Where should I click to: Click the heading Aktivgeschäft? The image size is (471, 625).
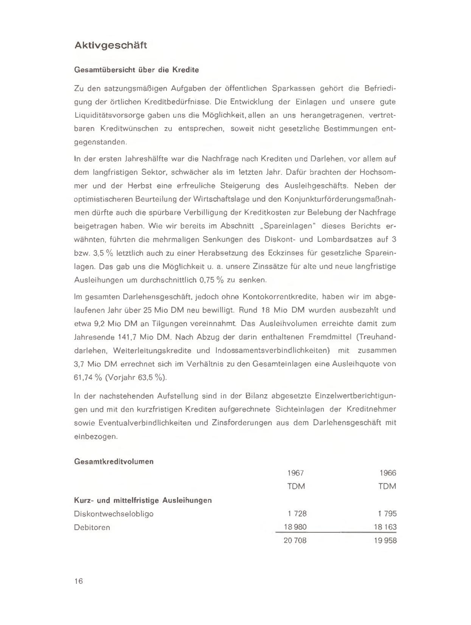tap(110, 46)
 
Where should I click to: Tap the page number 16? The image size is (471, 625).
tap(78, 581)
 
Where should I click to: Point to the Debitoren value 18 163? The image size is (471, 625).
tap(385, 527)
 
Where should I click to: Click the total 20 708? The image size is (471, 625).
tap(295, 541)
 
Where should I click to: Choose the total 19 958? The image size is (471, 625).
tap(385, 541)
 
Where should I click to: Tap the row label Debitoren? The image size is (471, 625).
tap(92, 527)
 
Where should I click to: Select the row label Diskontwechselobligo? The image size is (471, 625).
tap(114, 513)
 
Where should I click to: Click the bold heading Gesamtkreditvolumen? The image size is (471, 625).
tap(114, 461)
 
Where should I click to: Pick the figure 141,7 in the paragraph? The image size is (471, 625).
tap(127, 337)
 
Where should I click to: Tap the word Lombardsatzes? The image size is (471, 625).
tap(344, 240)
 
